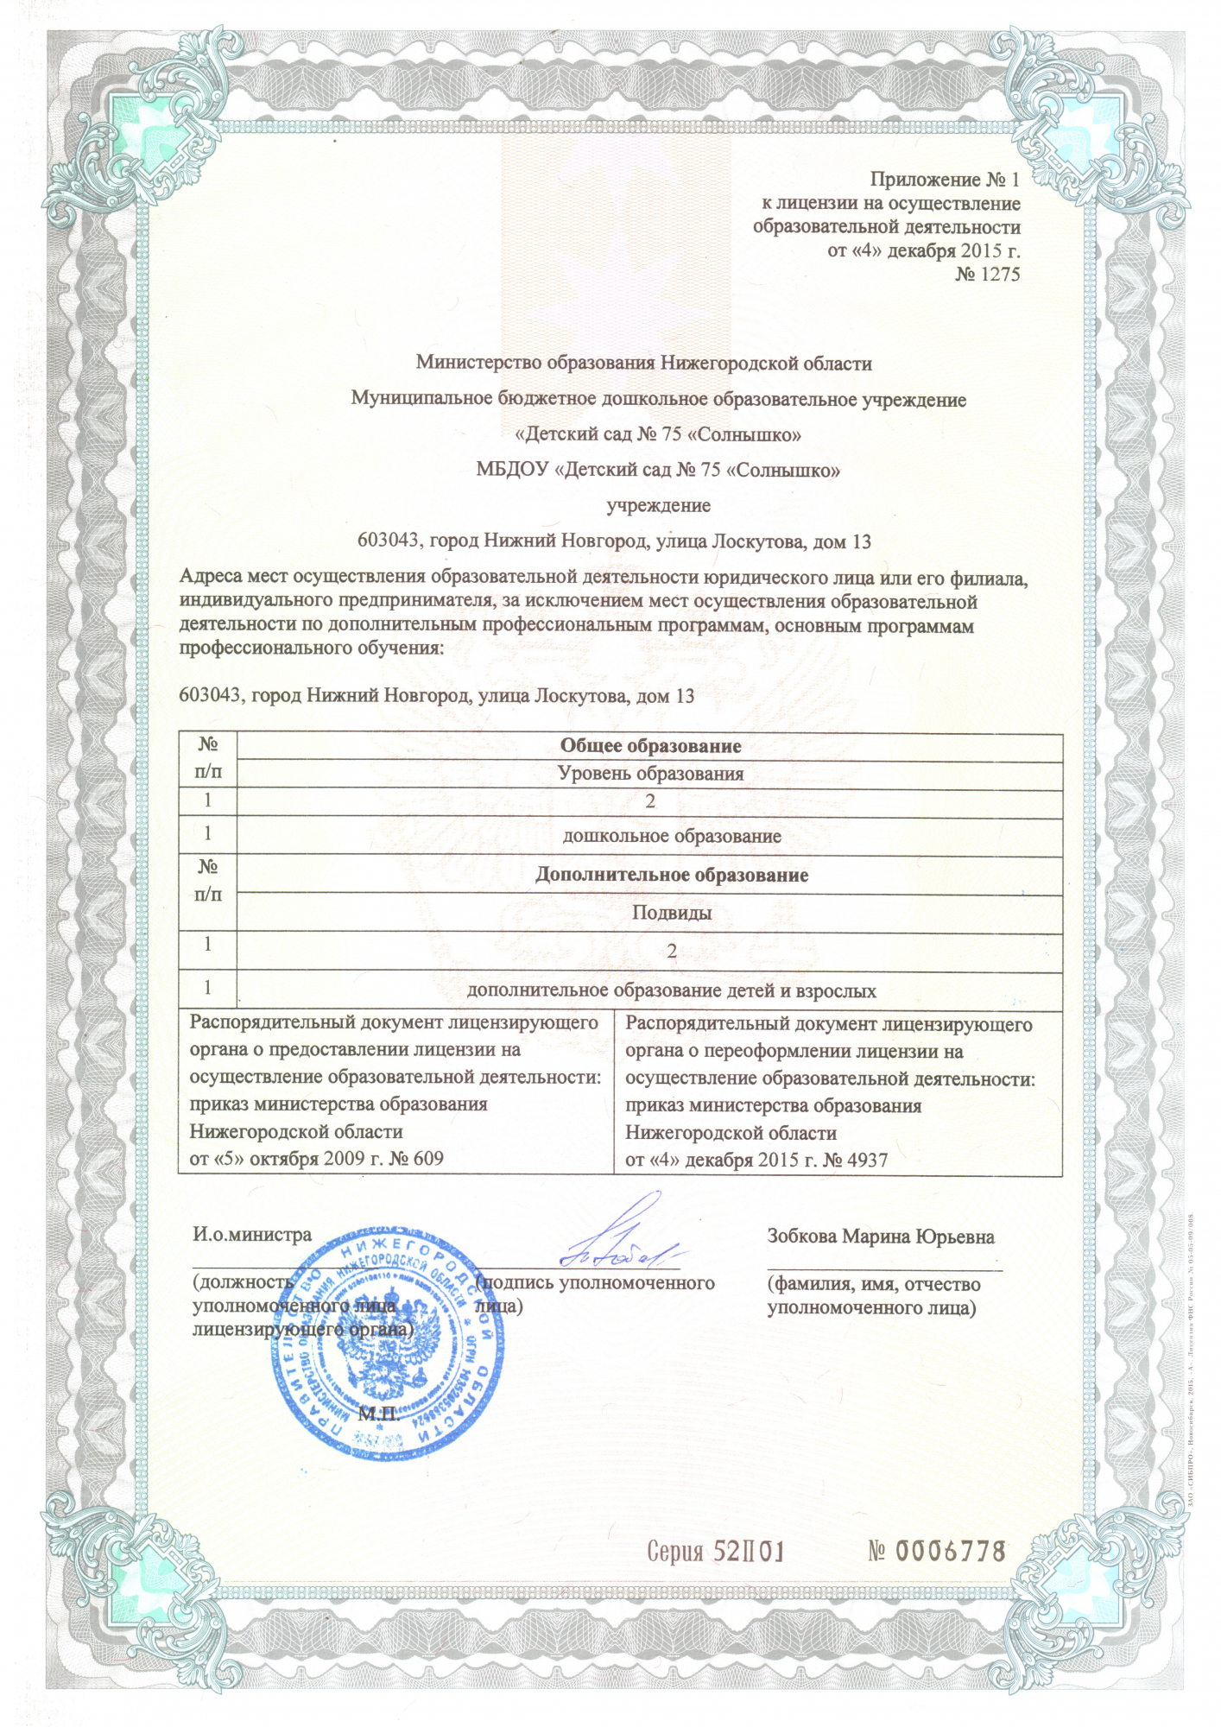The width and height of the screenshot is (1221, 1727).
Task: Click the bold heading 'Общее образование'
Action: click(650, 746)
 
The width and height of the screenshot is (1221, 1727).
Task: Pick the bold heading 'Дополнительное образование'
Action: click(671, 875)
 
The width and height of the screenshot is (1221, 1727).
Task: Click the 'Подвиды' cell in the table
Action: click(671, 912)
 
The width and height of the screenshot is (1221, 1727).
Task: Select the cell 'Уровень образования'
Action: click(650, 773)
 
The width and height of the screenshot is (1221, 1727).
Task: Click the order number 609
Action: click(427, 1158)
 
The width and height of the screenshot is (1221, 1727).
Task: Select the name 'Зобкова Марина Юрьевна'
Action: click(880, 1236)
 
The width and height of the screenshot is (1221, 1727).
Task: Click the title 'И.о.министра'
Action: click(252, 1234)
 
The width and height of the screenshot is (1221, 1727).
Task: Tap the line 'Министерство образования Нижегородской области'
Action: click(643, 363)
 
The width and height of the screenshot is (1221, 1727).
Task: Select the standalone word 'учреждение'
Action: click(658, 505)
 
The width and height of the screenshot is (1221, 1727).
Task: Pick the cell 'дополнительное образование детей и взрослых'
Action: click(671, 990)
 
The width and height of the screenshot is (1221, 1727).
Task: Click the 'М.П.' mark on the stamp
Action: click(378, 1414)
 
